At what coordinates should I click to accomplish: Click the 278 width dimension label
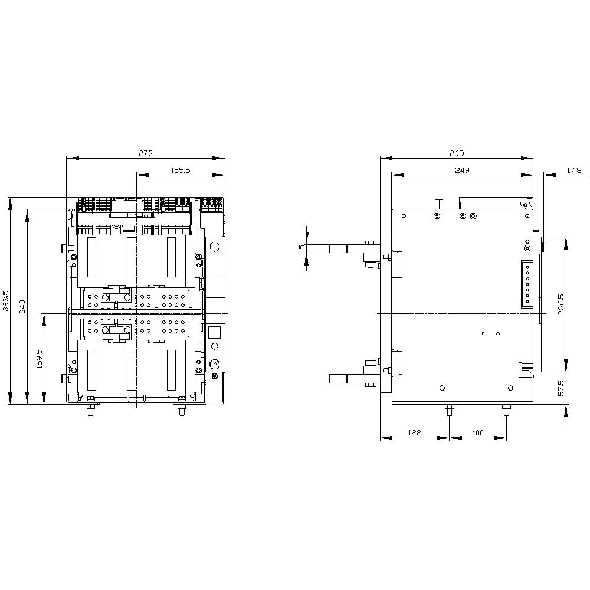[x=146, y=153]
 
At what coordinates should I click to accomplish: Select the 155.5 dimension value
[x=181, y=170]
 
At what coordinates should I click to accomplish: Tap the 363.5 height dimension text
[x=6, y=300]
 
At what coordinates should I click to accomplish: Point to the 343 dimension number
[x=22, y=307]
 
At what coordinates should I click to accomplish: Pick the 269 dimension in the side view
[x=457, y=153]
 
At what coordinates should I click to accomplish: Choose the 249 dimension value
[x=462, y=170]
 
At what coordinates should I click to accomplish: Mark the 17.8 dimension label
[x=574, y=170]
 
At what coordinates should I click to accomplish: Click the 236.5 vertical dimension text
[x=561, y=304]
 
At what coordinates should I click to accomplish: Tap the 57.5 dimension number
[x=561, y=388]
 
